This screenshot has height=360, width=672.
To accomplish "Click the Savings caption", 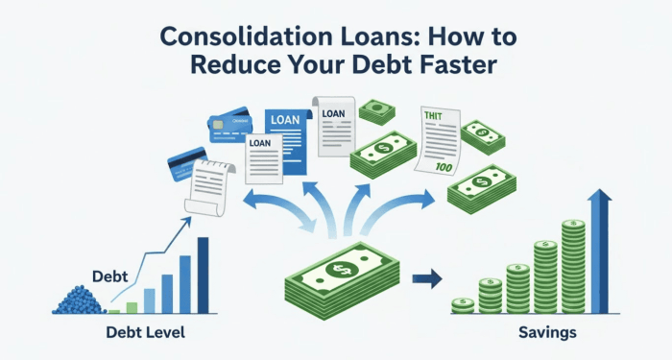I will tap(549, 333).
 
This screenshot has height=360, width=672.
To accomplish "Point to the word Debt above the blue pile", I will tap(110, 276).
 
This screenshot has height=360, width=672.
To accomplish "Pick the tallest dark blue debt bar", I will tap(203, 275).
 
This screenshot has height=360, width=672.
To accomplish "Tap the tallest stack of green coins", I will tap(575, 267).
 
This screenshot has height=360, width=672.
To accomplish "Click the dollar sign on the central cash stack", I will tap(339, 270).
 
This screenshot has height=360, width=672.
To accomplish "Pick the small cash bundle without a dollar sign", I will tap(376, 111).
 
